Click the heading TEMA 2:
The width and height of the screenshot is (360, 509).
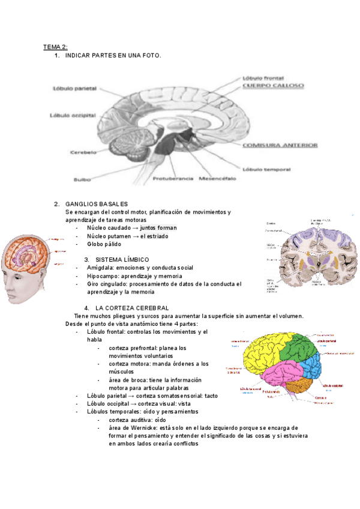click(55, 46)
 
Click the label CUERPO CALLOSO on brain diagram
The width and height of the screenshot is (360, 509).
click(273, 86)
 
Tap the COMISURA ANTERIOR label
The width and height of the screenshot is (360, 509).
click(280, 145)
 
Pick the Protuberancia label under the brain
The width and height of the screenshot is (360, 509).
click(173, 179)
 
